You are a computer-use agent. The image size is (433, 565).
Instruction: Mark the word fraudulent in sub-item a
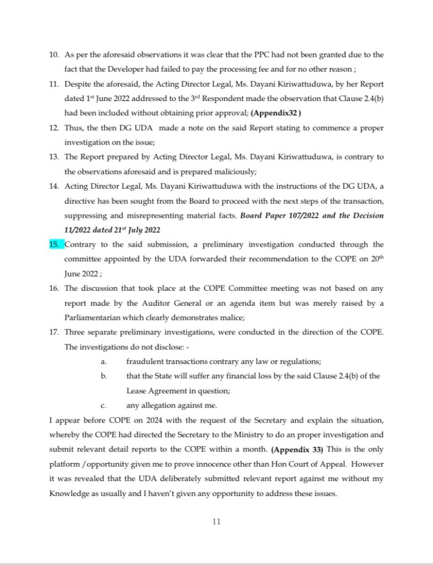[146, 361]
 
